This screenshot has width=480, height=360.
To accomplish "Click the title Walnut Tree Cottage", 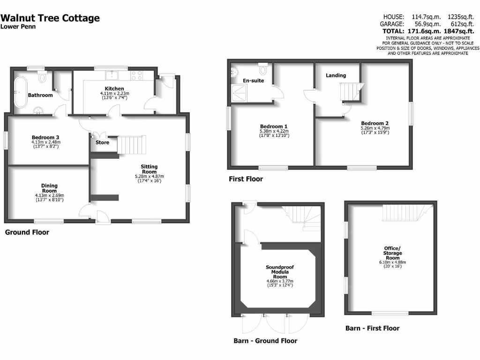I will [x=50, y=18].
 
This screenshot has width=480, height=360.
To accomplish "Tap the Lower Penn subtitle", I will [x=18, y=27].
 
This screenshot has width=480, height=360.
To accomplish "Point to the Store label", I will [x=102, y=142].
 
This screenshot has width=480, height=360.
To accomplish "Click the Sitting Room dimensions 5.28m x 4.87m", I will [x=150, y=176].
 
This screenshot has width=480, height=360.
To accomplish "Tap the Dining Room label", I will [x=49, y=188].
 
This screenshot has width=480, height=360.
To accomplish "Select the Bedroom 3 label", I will [x=45, y=137].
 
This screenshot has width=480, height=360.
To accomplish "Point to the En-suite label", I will [x=253, y=81].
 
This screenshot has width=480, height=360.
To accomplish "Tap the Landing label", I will [x=336, y=75].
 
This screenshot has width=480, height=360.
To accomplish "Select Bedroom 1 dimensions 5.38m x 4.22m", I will [x=274, y=131].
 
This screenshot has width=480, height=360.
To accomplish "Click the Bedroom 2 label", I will [x=375, y=123].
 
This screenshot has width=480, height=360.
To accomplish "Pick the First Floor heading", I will [x=246, y=179].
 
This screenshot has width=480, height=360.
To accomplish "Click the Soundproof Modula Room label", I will [x=280, y=272].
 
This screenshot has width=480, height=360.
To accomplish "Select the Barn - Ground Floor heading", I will [x=265, y=341].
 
